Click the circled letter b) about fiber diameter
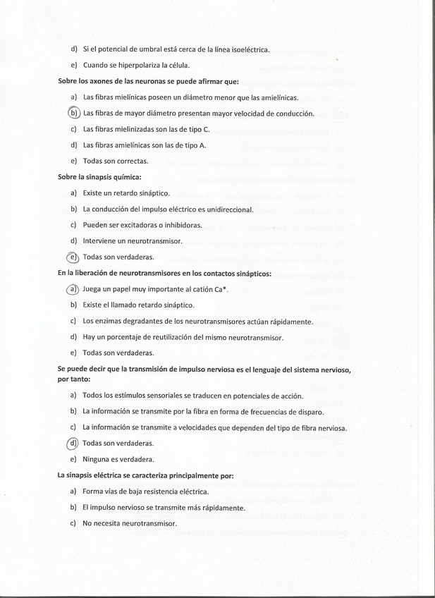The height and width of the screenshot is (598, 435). [x=73, y=113]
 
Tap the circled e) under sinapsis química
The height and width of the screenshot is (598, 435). [x=73, y=257]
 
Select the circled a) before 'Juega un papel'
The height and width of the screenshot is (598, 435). [x=73, y=289]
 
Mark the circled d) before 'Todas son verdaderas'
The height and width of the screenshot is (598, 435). [x=73, y=443]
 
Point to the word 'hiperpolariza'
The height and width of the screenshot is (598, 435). [x=149, y=66]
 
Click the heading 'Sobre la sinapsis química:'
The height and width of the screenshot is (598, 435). [x=99, y=176]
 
